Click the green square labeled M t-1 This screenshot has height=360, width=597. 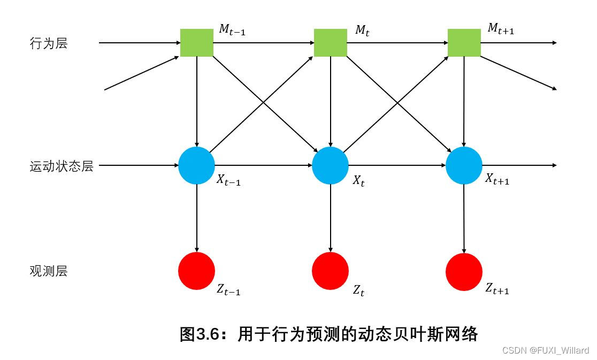point(196,43)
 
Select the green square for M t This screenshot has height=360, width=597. point(330,43)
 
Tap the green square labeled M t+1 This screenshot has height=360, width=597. point(464,43)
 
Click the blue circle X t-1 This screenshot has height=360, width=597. point(196,165)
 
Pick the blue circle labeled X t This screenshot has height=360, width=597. point(330,165)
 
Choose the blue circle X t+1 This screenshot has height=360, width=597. point(464,165)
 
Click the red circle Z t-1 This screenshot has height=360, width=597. point(196,271)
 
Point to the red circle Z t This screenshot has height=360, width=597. point(330,271)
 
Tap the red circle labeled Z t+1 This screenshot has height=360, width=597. point(464,271)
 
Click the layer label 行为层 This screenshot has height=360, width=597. point(48,43)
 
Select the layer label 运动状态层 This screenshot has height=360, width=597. point(61,166)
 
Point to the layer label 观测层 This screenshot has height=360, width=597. point(48,271)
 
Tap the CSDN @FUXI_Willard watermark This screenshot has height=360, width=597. point(545,350)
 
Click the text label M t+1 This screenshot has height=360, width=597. point(501,29)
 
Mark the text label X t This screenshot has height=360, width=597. point(358,181)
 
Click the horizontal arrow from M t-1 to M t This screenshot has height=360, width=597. point(263,43)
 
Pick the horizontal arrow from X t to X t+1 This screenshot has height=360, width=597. point(397,165)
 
